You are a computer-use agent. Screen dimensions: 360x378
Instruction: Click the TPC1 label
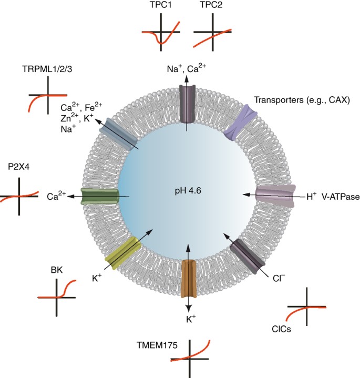pyautogui.click(x=161, y=5)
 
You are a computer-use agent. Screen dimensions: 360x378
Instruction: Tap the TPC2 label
pyautogui.click(x=211, y=5)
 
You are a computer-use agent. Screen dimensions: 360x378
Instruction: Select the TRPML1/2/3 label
pyautogui.click(x=47, y=69)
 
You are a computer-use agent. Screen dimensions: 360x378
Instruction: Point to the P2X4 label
pyautogui.click(x=19, y=167)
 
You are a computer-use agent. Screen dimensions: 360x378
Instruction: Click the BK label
pyautogui.click(x=57, y=270)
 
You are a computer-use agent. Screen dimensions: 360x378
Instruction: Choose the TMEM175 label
pyautogui.click(x=157, y=345)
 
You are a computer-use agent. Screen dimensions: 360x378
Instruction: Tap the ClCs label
pyautogui.click(x=281, y=329)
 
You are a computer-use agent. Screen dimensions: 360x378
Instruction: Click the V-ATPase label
pyautogui.click(x=341, y=197)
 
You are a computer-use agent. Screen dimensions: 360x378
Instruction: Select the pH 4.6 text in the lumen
pyautogui.click(x=188, y=191)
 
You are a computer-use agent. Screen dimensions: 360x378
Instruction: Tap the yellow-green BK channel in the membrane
pyautogui.click(x=123, y=253)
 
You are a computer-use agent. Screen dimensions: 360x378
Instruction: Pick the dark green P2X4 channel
pyautogui.click(x=100, y=196)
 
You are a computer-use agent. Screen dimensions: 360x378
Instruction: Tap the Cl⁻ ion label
pyautogui.click(x=279, y=279)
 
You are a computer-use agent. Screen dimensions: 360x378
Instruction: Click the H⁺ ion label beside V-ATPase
pyautogui.click(x=312, y=197)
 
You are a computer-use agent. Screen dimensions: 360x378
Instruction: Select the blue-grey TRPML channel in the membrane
pyautogui.click(x=119, y=134)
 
